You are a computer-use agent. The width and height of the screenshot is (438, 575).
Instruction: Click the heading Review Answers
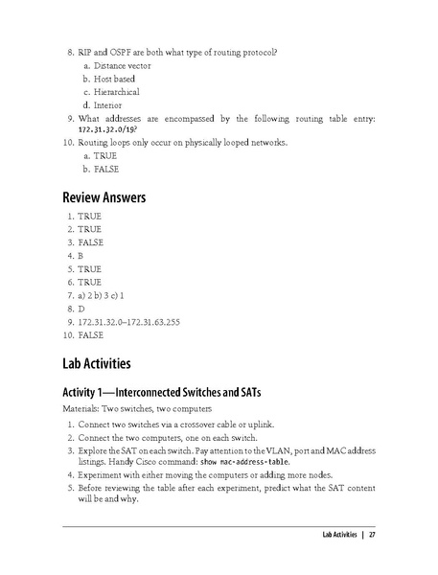point(104,197)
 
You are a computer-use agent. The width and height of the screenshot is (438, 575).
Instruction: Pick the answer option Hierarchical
point(117,91)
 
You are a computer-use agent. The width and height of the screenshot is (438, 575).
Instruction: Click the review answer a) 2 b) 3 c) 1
point(103,296)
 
